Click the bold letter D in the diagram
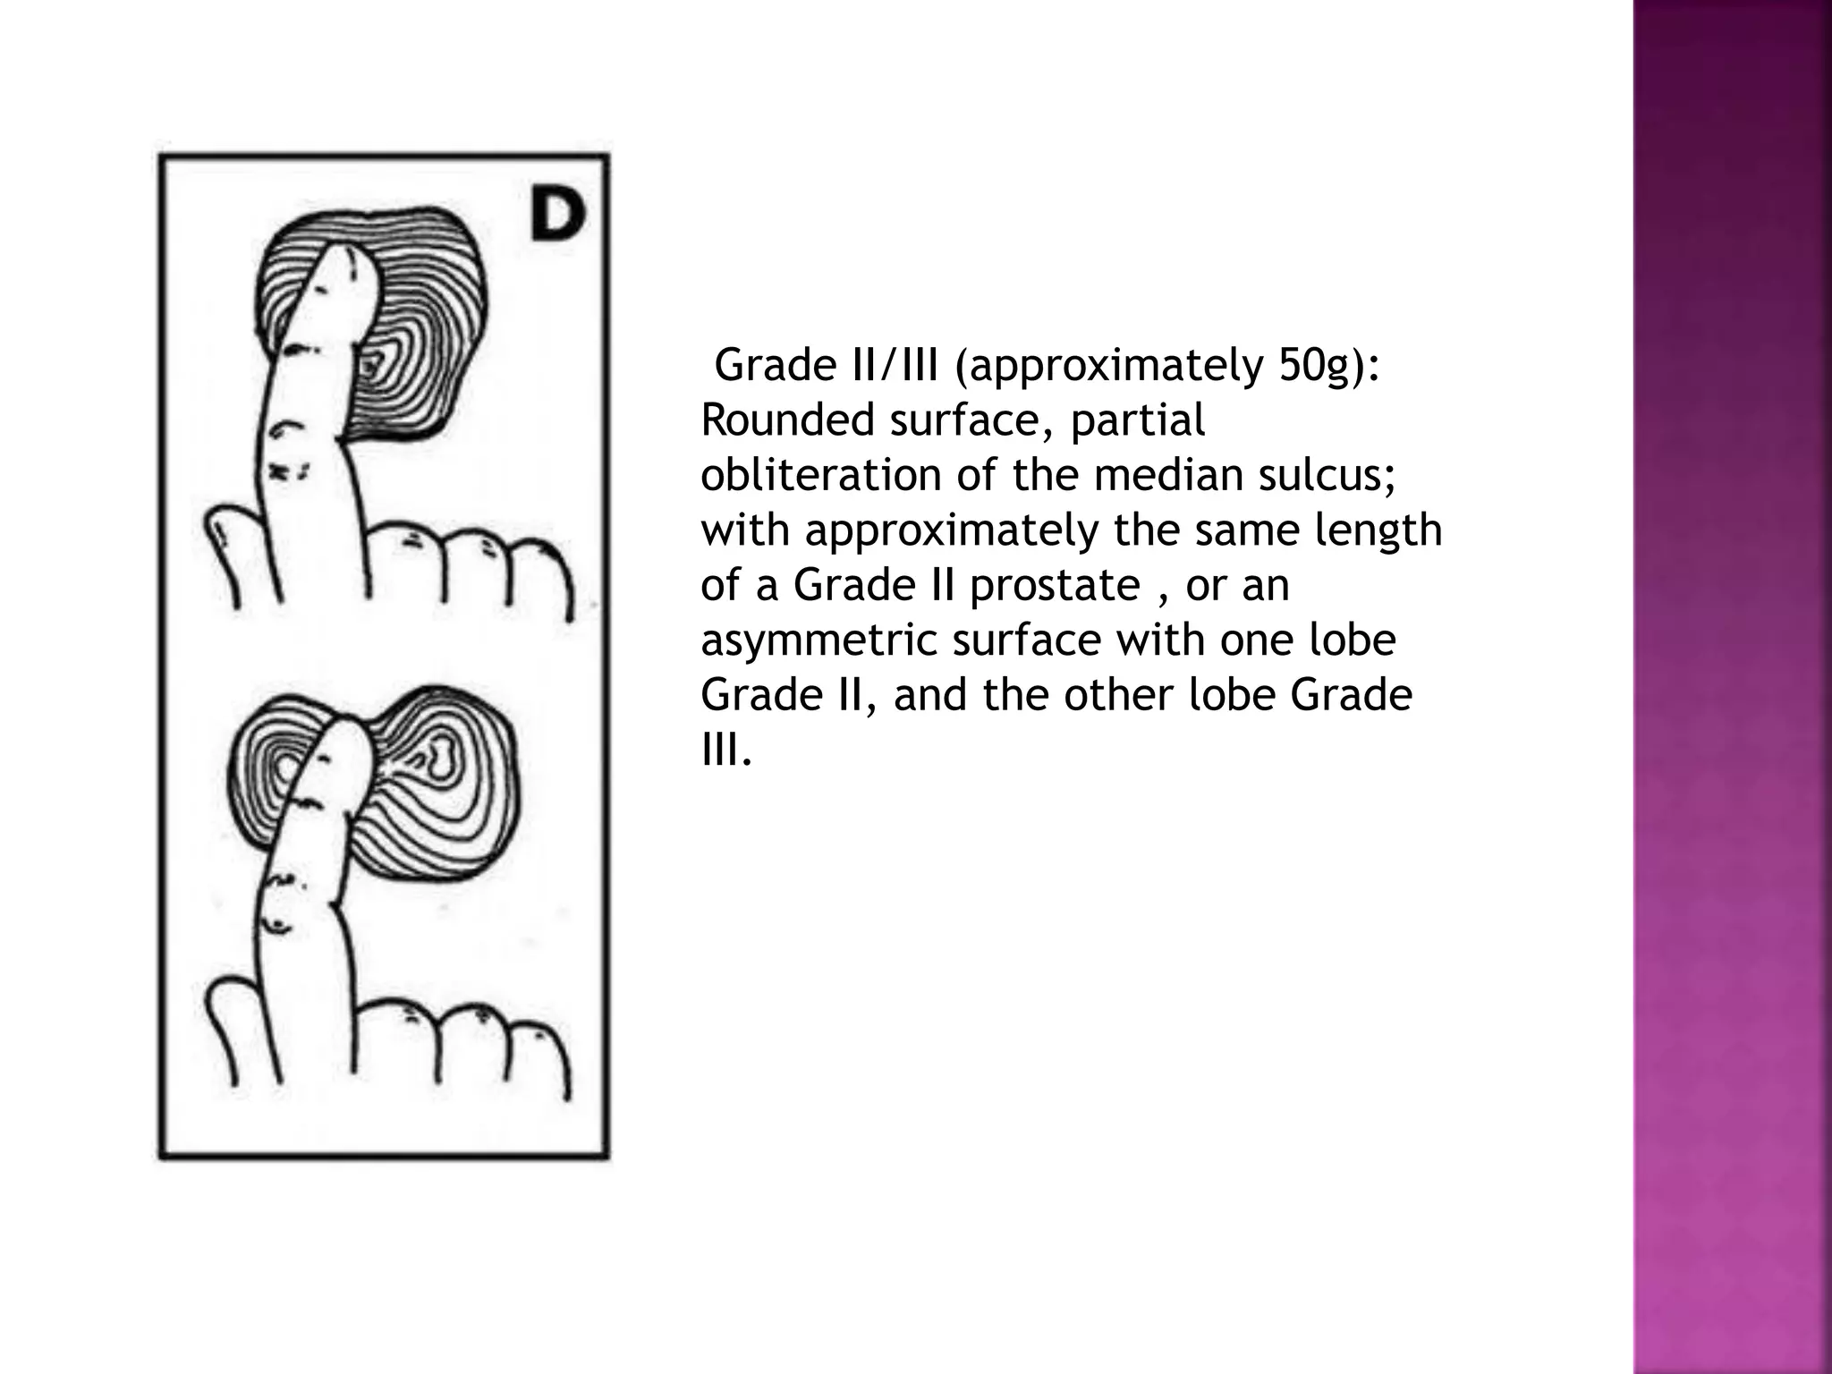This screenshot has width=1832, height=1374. [x=556, y=216]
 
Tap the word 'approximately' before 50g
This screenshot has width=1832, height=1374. [x=1114, y=365]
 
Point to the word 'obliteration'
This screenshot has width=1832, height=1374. [x=820, y=475]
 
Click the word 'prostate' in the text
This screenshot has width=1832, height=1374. [x=1055, y=586]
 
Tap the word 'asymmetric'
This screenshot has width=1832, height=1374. [x=819, y=641]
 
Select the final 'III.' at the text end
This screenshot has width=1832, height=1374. [x=725, y=751]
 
